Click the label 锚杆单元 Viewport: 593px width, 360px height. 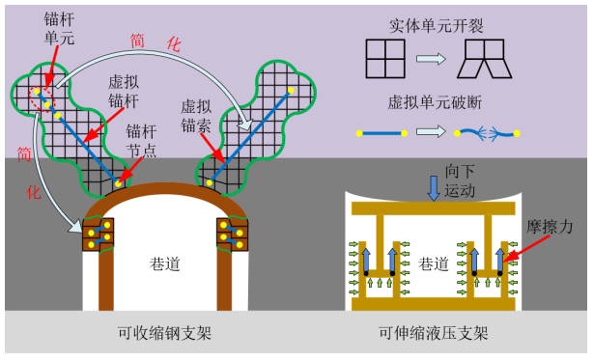[59, 29]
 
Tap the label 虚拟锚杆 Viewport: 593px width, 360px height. [124, 92]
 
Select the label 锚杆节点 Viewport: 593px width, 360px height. [141, 141]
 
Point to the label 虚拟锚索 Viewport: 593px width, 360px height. [195, 116]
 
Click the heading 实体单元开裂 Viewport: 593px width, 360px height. [437, 26]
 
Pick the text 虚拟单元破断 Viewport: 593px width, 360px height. [435, 102]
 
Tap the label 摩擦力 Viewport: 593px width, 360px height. [550, 227]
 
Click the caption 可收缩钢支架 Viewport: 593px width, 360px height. [164, 333]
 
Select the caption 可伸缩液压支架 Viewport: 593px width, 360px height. [434, 333]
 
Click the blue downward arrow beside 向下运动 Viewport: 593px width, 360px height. [434, 188]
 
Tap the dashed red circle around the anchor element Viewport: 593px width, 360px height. [42, 99]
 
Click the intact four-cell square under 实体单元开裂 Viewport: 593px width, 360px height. [385, 59]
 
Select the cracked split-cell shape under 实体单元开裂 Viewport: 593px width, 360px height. [485, 59]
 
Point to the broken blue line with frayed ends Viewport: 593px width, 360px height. [487, 133]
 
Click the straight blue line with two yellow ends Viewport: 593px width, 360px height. [381, 133]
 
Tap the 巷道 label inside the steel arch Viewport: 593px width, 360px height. [164, 263]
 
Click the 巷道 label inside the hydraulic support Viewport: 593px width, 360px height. [434, 263]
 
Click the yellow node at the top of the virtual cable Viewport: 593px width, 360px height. [291, 91]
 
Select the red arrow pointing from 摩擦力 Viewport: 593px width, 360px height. [526, 249]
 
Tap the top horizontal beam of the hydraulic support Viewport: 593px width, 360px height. [434, 208]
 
